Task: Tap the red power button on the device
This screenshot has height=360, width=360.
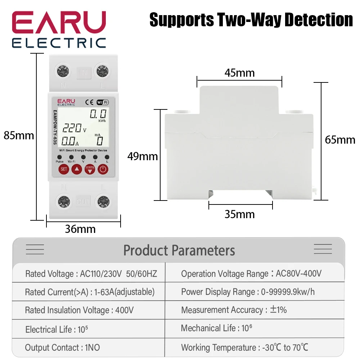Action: (103, 169)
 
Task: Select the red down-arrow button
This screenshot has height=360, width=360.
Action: (90, 169)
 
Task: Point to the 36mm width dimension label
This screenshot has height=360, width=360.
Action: (80, 229)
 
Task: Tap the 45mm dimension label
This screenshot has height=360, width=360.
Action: (239, 73)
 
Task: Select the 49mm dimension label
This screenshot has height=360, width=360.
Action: (143, 156)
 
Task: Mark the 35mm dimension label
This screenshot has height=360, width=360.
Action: (239, 214)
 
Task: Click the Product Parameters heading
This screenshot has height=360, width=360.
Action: (179, 250)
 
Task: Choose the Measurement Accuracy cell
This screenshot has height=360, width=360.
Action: (234, 310)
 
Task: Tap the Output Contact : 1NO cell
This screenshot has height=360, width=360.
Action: (63, 347)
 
